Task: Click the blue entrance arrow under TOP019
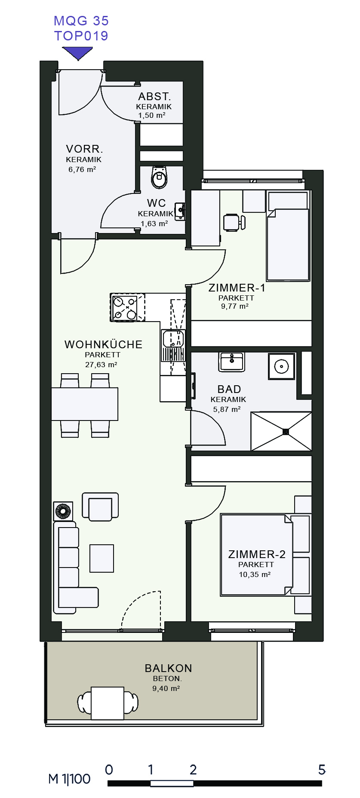point(78,52)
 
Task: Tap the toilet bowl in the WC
point(159,177)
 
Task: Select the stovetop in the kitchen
point(124,308)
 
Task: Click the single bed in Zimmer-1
point(288,236)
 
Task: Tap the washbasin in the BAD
point(232,362)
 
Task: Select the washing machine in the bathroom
point(282,366)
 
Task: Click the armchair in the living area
point(100,506)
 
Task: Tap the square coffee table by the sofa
point(102,559)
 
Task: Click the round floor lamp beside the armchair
point(63,511)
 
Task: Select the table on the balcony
point(108,703)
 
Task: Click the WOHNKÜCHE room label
point(103,344)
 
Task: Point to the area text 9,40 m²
point(166,688)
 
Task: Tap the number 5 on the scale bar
point(322,770)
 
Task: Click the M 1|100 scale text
point(70,779)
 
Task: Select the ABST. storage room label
point(154,97)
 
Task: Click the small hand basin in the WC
point(180,211)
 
